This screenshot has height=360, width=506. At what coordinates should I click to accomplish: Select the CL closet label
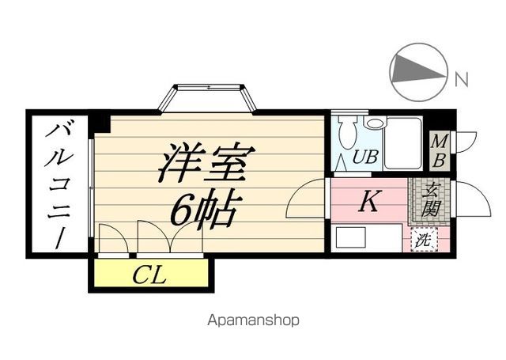[149, 275]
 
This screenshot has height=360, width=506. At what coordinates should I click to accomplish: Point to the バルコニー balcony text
[59, 186]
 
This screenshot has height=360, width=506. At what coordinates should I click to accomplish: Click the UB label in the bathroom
[365, 157]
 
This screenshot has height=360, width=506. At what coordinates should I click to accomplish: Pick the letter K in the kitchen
[368, 203]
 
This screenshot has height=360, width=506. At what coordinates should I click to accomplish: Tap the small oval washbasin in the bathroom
[374, 124]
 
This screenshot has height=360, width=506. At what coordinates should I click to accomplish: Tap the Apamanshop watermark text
[253, 320]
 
